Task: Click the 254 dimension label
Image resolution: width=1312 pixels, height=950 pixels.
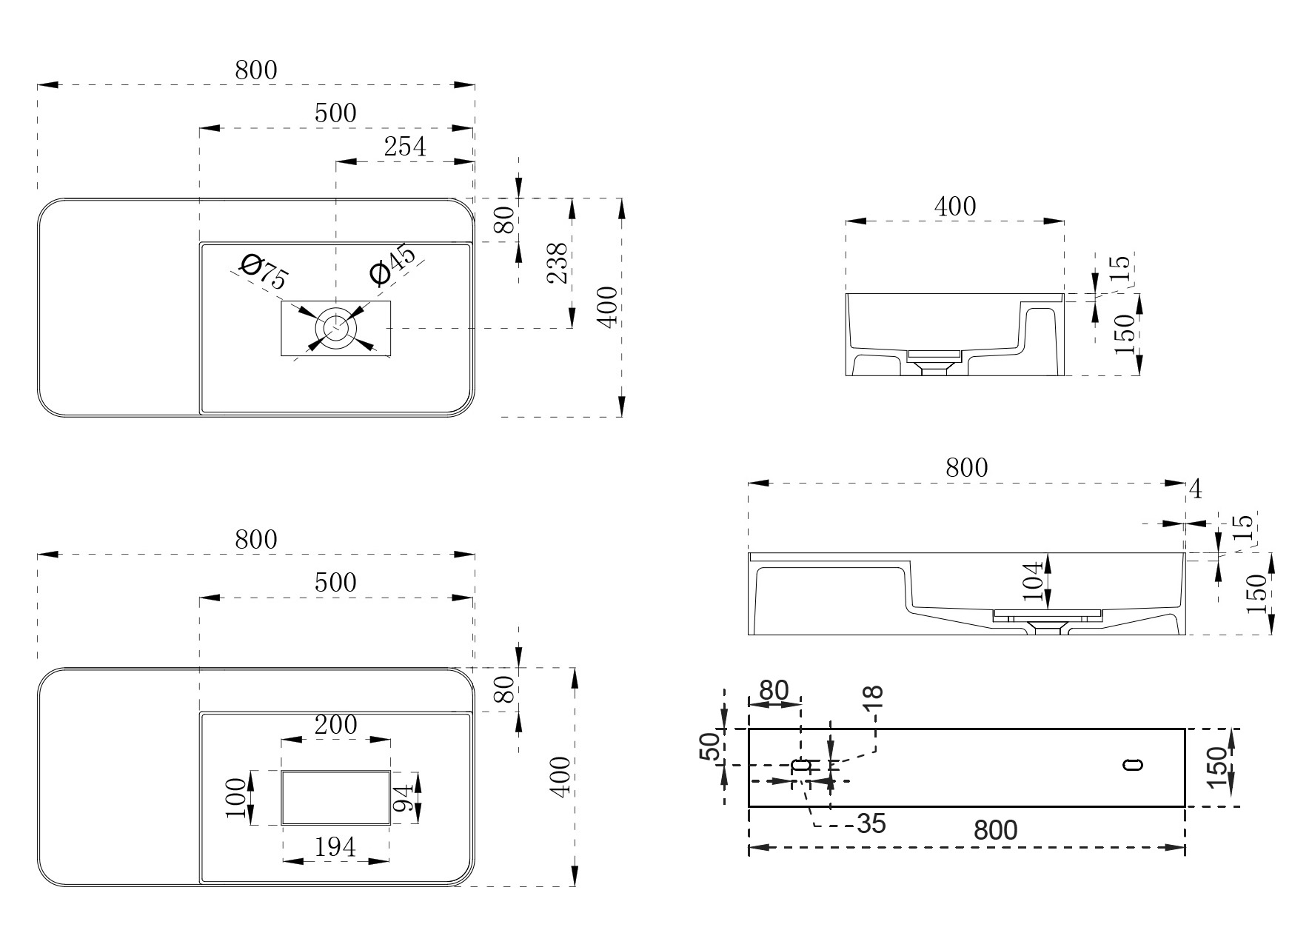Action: pos(405,147)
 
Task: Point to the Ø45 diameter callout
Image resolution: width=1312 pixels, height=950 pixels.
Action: pos(392,264)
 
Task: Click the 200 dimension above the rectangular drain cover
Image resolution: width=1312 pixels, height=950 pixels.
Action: pos(335,724)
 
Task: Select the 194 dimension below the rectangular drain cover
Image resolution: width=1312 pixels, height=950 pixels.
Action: pos(335,846)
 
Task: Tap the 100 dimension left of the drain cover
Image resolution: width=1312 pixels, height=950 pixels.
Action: pos(237,797)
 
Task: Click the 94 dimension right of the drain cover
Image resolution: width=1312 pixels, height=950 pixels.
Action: pos(402,797)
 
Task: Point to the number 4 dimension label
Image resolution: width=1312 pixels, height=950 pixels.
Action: pos(1195,489)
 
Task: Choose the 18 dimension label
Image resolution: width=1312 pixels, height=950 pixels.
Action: pos(874,697)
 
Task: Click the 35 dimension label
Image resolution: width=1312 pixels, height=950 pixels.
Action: pos(871,823)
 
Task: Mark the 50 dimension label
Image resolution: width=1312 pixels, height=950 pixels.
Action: pos(709,746)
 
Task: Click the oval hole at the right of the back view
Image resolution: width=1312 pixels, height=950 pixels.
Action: pos(1133,765)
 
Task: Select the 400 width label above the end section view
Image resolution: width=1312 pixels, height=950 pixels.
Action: pos(954,206)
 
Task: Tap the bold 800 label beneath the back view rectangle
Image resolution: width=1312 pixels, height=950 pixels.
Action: pos(995,831)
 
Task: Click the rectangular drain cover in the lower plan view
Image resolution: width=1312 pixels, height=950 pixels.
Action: pos(335,797)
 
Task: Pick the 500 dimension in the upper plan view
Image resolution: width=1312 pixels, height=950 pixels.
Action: pos(335,113)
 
